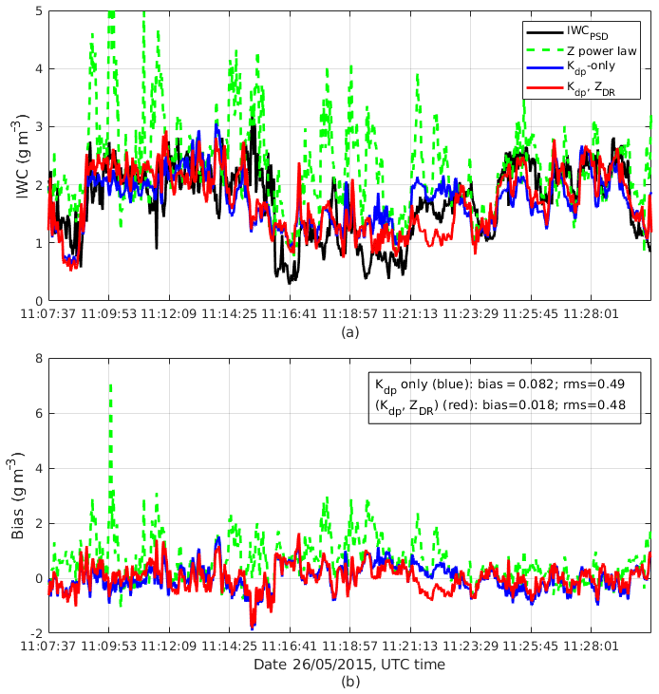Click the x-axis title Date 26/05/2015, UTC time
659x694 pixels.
pyautogui.click(x=348, y=665)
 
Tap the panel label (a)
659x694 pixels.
pyautogui.click(x=349, y=332)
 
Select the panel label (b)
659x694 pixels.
pyautogui.click(x=349, y=682)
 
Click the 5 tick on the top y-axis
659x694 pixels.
pyautogui.click(x=37, y=10)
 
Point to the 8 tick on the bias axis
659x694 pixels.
pyautogui.click(x=37, y=358)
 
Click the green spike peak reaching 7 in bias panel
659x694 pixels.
pyautogui.click(x=110, y=385)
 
